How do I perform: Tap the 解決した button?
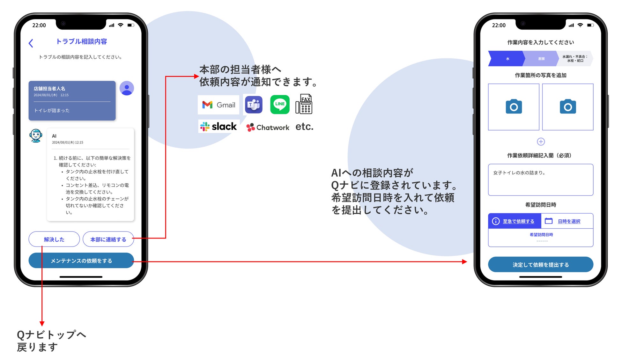pos(54,239)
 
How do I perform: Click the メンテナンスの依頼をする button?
pos(81,261)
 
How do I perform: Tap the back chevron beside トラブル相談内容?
pos(31,43)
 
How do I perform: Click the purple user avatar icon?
pos(127,88)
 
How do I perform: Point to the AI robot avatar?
pos(36,136)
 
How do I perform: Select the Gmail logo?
pos(218,105)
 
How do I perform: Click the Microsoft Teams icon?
pos(254,105)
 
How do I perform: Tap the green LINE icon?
pos(280,104)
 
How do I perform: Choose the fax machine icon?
pos(304,104)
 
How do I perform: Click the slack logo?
pos(219,127)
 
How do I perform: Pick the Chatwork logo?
pos(268,127)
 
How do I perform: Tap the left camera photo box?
pos(514,107)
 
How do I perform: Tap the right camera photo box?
pos(567,107)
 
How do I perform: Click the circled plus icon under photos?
pos(541,142)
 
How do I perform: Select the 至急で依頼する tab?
pos(515,221)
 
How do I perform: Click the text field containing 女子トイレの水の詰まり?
pos(540,180)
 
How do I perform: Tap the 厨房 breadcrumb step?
pos(541,59)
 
